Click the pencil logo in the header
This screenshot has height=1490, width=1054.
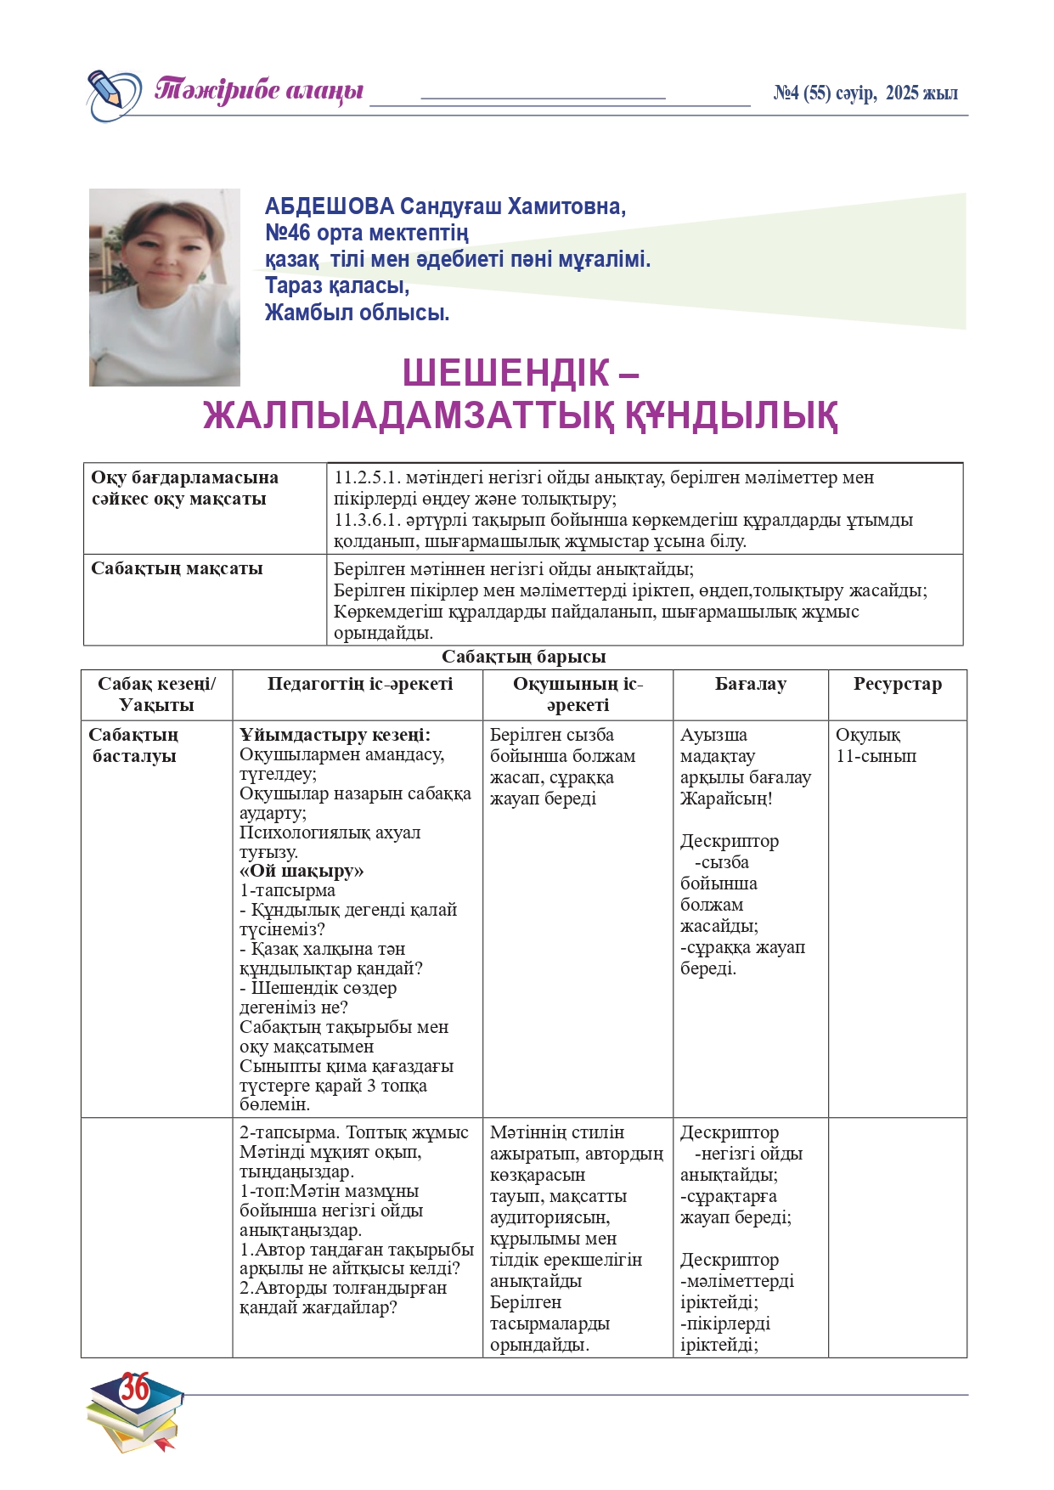[x=113, y=93]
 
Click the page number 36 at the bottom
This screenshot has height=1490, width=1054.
[x=135, y=1388]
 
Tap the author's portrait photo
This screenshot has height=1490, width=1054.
[x=165, y=287]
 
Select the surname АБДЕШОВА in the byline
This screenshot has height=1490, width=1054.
[x=330, y=206]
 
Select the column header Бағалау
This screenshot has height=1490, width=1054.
[x=750, y=685]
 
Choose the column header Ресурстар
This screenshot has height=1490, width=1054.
[x=897, y=685]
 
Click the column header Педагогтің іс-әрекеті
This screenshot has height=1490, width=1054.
[x=360, y=685]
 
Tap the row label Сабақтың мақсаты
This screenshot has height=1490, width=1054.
[x=177, y=568]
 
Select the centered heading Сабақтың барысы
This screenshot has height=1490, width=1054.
[x=523, y=657]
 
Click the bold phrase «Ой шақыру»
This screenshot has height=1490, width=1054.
[x=302, y=871]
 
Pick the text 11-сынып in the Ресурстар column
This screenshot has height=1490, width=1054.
[x=876, y=756]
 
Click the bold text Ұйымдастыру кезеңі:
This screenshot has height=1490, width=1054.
[x=335, y=735]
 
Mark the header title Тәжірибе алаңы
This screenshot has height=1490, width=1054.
[x=259, y=90]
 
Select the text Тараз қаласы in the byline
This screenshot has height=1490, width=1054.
[x=336, y=285]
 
